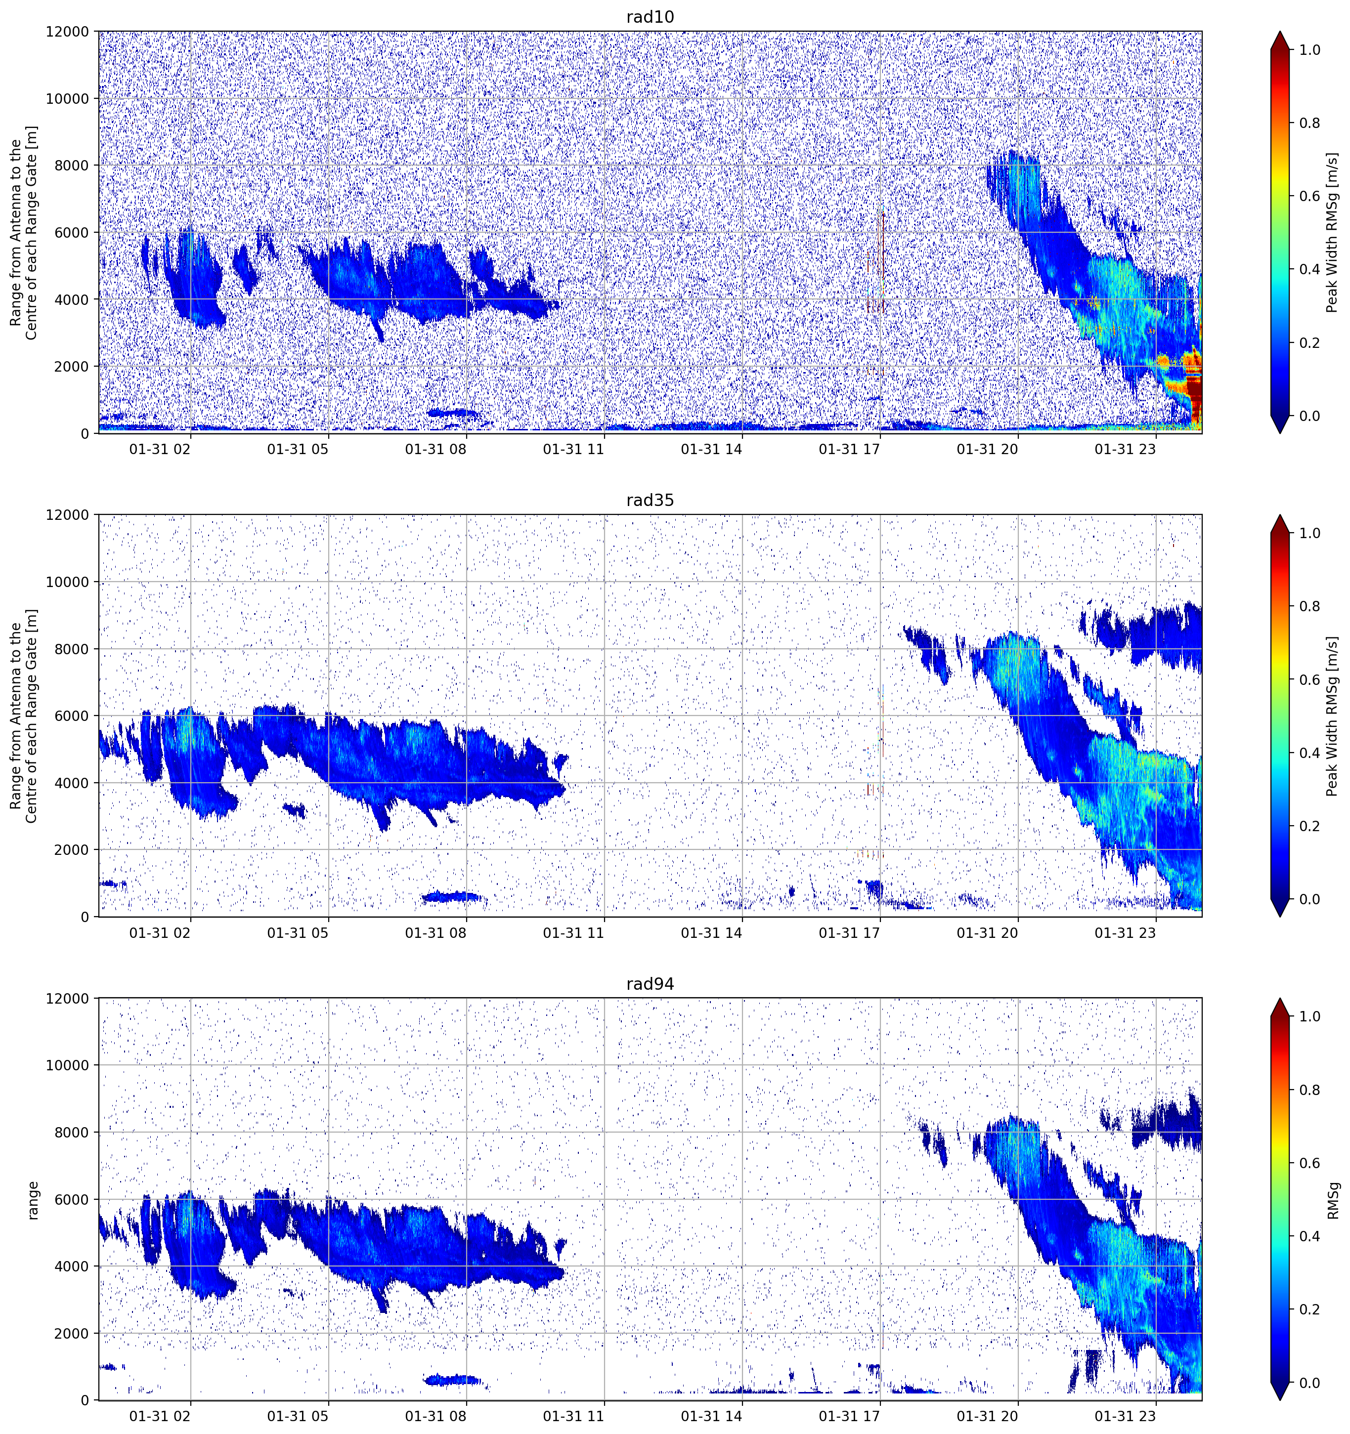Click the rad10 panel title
650,17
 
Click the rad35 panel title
650,500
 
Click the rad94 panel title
650,984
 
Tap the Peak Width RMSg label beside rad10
1333,232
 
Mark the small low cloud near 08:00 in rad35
452,896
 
